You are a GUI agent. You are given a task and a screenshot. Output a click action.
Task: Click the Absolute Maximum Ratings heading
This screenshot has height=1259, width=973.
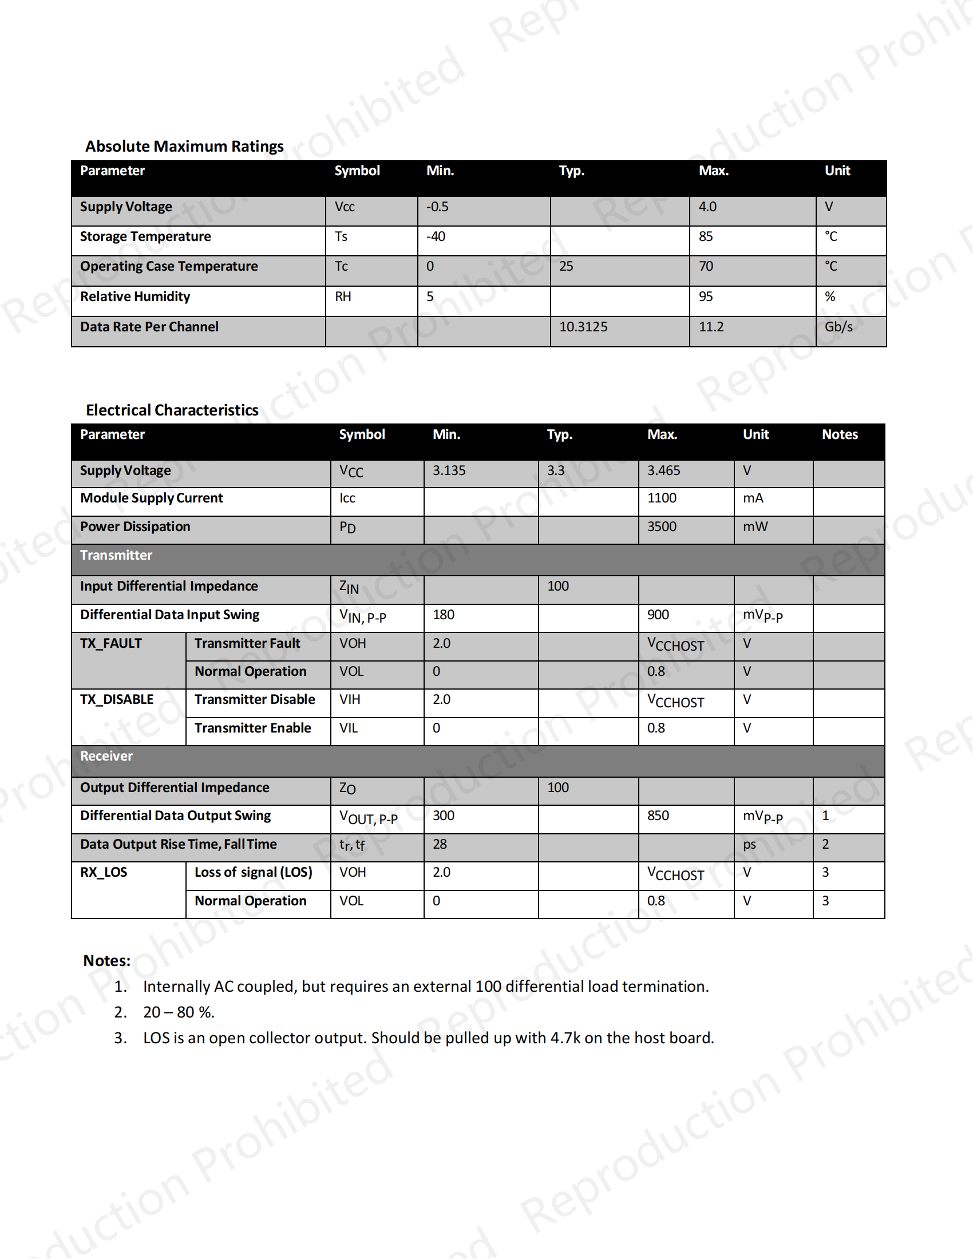point(184,147)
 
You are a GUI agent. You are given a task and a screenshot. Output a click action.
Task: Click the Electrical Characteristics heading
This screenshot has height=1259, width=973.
point(172,410)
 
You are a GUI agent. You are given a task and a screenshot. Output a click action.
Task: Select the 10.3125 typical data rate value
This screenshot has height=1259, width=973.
point(583,327)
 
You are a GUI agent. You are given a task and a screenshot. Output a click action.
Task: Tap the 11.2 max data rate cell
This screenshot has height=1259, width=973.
point(711,327)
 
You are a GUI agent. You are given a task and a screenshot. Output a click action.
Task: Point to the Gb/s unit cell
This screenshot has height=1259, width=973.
point(838,327)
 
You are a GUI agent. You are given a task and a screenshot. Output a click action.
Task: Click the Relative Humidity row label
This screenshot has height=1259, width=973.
point(135,296)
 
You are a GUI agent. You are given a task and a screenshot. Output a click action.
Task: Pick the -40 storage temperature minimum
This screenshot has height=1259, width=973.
point(436,236)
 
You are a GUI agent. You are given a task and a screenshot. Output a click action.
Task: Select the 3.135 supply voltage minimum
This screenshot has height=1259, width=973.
point(449,470)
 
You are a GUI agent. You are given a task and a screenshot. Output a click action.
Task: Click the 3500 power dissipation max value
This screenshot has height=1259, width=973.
point(661,526)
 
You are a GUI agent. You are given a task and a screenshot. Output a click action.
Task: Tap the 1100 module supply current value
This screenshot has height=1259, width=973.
point(661,498)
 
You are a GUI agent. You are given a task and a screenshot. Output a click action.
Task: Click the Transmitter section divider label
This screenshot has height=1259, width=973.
point(116,555)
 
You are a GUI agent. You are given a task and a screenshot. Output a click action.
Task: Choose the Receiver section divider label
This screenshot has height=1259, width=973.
point(106,756)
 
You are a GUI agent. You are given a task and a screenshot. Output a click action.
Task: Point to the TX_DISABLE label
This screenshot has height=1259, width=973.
point(116,699)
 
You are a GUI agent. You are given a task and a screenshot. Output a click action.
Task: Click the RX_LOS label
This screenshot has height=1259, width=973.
point(103,872)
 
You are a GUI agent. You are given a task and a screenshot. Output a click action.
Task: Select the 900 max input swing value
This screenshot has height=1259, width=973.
point(658,615)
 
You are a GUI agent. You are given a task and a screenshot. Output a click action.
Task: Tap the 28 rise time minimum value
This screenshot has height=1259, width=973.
point(439,844)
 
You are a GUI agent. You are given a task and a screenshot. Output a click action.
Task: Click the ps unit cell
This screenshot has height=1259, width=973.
point(749,845)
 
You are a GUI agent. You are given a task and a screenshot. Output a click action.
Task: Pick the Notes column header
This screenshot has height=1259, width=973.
point(839,435)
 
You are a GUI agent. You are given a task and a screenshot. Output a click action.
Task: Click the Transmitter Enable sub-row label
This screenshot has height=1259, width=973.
point(252,728)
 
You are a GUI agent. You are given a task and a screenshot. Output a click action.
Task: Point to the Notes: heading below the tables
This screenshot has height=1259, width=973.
point(106,960)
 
